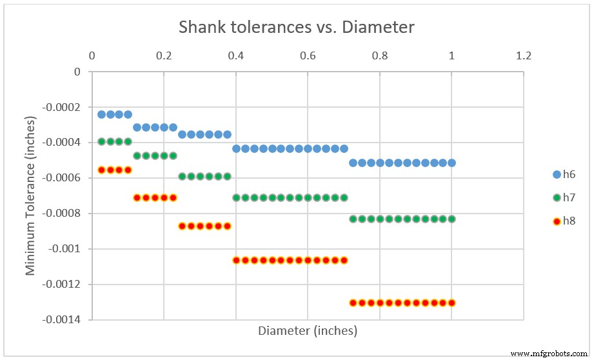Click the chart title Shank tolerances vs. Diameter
[297, 27]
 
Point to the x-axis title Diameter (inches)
[308, 331]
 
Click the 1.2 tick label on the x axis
[524, 56]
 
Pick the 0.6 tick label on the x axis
[308, 56]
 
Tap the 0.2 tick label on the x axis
[164, 56]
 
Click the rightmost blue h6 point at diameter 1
[451, 163]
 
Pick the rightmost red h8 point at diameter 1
[451, 303]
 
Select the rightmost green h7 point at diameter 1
[451, 219]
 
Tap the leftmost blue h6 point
[101, 114]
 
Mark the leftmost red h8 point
[101, 170]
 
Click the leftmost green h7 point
[101, 141]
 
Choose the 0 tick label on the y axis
[77, 72]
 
